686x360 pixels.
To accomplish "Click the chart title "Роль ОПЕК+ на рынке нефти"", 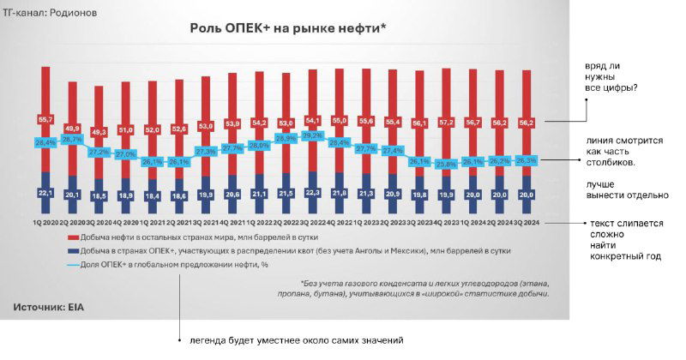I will pos(287,29).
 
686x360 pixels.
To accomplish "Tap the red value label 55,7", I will pos(45,118).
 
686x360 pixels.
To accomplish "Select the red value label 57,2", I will pos(446,123).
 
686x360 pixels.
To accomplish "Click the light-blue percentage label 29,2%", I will pos(312,135).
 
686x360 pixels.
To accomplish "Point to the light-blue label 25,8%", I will pos(446,163).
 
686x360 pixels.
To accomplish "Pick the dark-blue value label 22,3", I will pos(312,192).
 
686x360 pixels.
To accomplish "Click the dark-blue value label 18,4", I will pos(153,196).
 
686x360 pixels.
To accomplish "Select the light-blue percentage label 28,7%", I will pos(72,139).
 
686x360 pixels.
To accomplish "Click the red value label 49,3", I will pos(99,132).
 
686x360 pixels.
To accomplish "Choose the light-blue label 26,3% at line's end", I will pos(526,160).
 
